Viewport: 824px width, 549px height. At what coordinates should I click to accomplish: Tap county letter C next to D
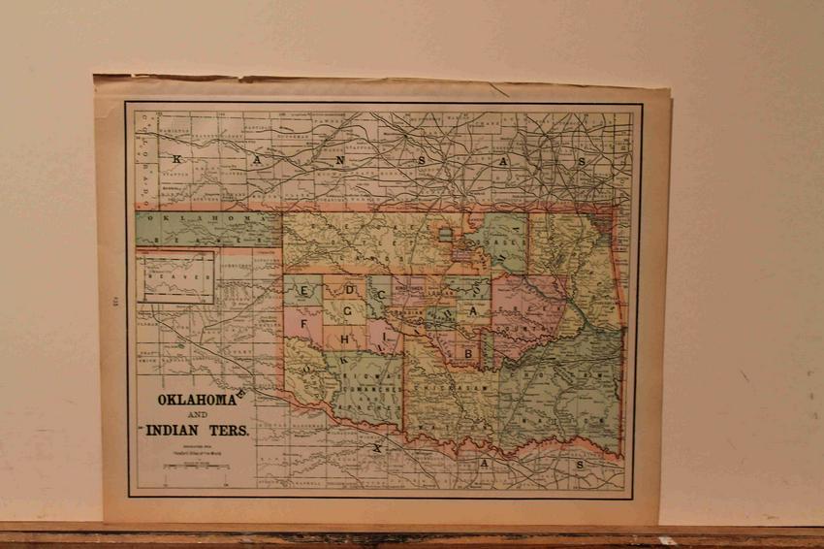click(383, 293)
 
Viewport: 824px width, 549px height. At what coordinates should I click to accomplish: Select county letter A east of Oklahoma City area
click(474, 311)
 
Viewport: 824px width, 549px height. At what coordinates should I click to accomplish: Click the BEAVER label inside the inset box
click(176, 276)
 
